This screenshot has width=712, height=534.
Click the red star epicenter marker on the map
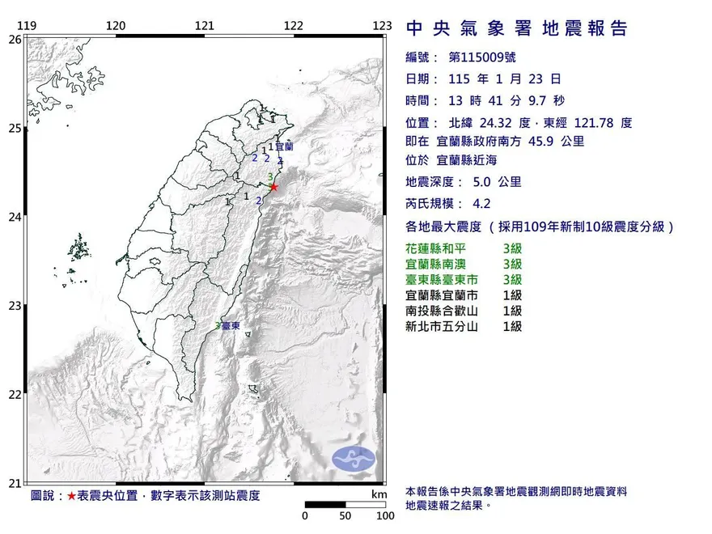click(x=273, y=187)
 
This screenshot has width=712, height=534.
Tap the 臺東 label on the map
click(x=231, y=325)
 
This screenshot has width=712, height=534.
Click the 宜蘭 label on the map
click(x=284, y=147)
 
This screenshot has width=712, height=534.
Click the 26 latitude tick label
click(x=15, y=39)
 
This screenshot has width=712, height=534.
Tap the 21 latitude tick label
click(x=15, y=484)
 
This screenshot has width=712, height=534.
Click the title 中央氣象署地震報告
click(x=516, y=29)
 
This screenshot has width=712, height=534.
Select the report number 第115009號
click(x=481, y=57)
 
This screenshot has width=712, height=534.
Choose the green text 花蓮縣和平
click(x=438, y=249)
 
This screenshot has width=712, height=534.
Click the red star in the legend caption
click(x=72, y=495)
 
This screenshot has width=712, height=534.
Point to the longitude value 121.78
click(x=595, y=123)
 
